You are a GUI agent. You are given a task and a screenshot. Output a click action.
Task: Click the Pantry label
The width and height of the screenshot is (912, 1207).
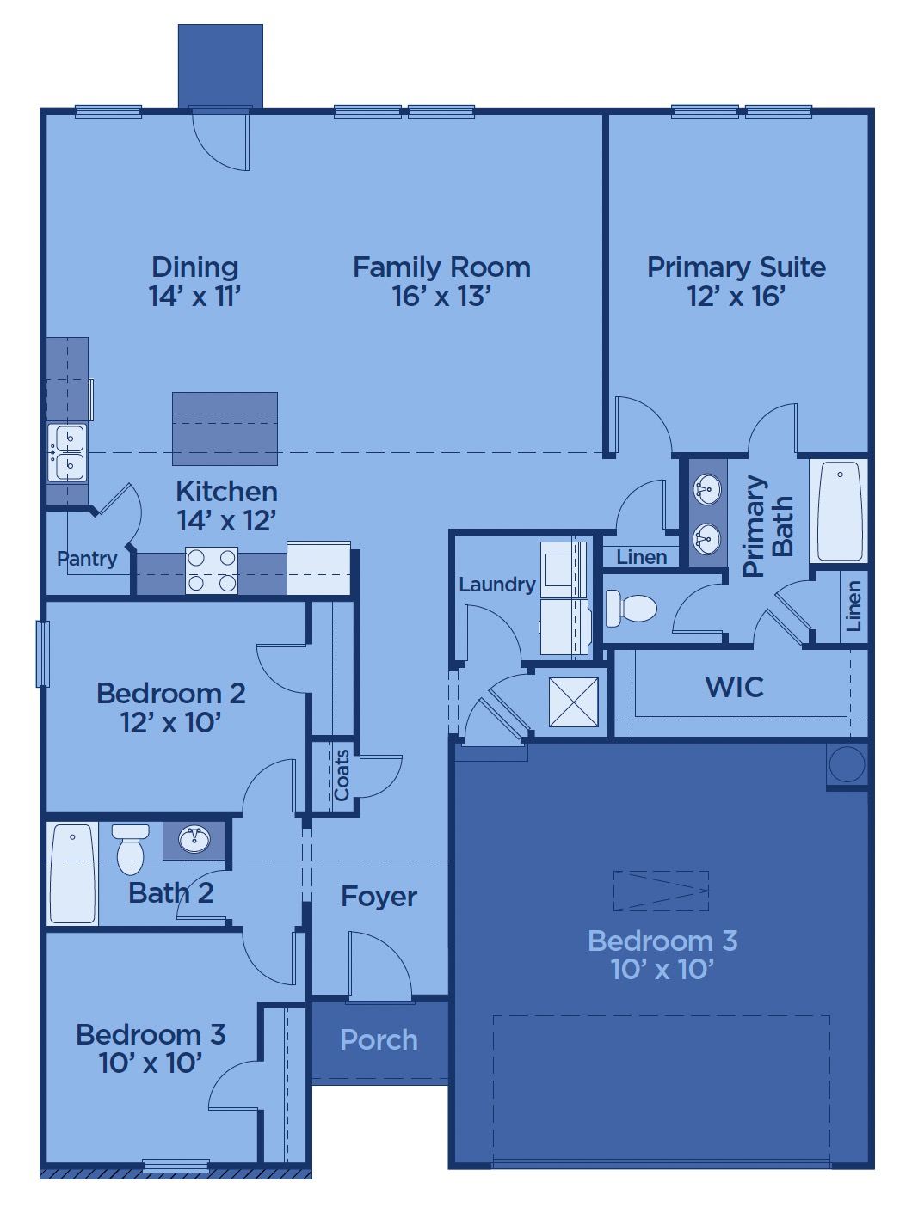pos(87,560)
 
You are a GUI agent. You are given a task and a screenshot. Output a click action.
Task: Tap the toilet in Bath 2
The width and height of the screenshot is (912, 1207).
pos(131,849)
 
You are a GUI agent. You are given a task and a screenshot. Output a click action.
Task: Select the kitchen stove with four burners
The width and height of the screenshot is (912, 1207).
pos(212,570)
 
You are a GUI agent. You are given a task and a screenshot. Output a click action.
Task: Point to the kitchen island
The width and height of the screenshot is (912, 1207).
pos(225,429)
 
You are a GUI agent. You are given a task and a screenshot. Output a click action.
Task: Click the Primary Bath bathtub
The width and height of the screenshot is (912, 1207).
pos(840,512)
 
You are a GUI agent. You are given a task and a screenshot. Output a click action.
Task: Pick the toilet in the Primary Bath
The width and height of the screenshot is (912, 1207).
pos(631,609)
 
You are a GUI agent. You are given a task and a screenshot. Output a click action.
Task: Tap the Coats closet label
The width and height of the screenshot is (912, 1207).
pos(341,775)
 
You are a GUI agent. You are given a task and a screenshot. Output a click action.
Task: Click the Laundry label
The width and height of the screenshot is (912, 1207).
pos(497,585)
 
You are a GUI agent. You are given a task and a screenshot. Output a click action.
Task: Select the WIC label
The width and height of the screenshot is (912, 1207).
pos(734,687)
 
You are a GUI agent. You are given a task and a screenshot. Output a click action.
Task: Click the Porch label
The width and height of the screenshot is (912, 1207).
pos(379,1040)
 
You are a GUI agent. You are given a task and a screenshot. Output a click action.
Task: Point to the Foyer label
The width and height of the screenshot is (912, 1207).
pos(379,897)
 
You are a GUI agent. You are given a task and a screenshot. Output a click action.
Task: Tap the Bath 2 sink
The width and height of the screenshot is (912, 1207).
pos(194,840)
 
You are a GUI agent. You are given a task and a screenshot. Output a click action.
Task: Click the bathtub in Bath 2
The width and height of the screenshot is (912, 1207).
pos(72,873)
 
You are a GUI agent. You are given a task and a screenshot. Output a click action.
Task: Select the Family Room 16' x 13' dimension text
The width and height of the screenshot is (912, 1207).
pos(441,296)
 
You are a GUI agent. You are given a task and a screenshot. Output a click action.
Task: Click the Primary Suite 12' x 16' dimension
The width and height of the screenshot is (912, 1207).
pos(736,296)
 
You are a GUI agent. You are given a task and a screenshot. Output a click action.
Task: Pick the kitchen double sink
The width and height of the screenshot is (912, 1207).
pos(67,452)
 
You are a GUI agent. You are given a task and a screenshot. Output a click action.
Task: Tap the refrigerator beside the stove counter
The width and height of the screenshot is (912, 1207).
pos(318,568)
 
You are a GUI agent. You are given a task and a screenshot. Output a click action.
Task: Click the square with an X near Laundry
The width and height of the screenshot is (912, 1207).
pos(574,702)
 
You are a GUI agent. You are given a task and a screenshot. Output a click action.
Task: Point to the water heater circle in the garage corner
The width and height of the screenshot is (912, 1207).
pos(847,764)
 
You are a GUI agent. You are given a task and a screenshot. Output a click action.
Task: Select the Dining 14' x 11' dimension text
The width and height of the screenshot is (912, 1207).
pos(194,296)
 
